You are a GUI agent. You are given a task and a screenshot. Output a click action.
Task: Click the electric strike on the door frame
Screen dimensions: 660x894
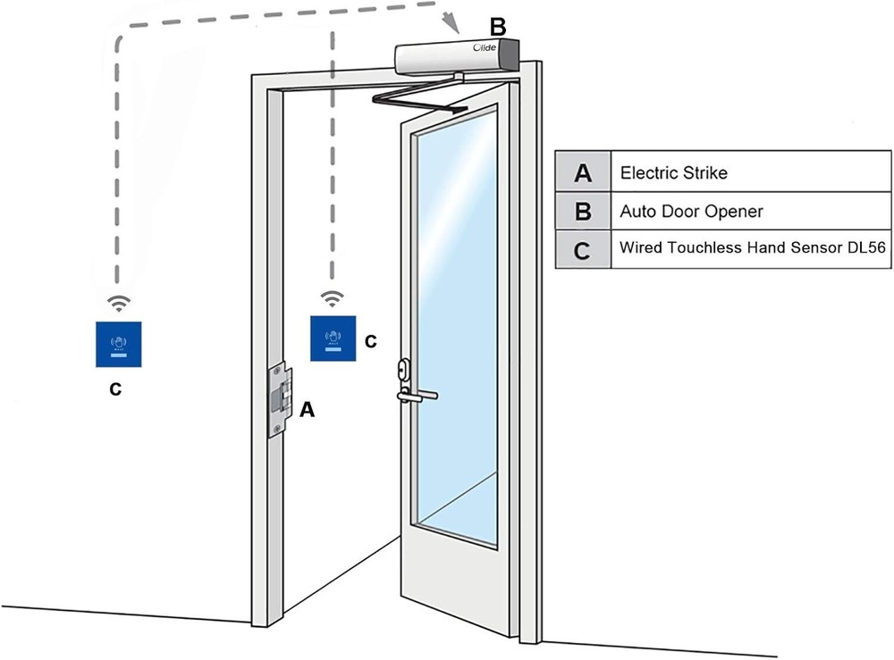coord(280,399)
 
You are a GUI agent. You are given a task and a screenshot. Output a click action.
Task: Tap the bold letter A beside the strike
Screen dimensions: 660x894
coord(308,409)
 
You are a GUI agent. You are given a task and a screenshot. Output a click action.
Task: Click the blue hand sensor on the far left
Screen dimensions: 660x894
coord(119,343)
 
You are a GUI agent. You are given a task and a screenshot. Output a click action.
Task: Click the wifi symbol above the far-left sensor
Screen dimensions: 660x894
coord(119,302)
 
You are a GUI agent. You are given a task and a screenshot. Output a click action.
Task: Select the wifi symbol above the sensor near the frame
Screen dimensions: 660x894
coord(333,297)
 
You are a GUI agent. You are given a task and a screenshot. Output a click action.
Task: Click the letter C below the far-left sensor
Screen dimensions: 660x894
coord(115,390)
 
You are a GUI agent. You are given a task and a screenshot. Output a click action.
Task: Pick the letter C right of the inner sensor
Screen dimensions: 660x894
coord(371,341)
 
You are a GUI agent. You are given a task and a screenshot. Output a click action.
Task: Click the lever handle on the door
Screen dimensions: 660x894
coord(418,393)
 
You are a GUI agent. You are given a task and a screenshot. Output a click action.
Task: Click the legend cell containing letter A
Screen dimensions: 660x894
coord(583,172)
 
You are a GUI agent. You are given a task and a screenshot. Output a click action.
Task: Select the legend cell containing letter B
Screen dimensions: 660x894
coord(583,212)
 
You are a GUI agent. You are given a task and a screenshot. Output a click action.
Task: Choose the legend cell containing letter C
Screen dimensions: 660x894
coord(583,250)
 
